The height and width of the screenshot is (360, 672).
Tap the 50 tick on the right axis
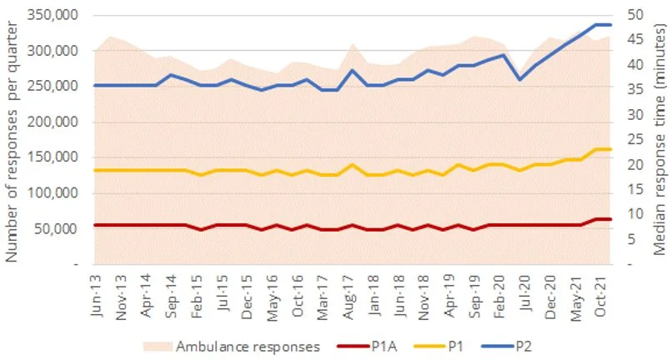[x=636, y=15]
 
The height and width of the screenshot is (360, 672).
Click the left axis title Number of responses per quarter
[x=13, y=138]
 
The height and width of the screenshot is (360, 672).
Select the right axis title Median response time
[x=659, y=138]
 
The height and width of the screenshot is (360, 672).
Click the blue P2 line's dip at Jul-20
[x=520, y=79]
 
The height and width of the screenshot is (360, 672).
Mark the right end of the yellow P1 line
[x=611, y=149]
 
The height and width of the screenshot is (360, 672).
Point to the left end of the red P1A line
[x=95, y=225]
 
